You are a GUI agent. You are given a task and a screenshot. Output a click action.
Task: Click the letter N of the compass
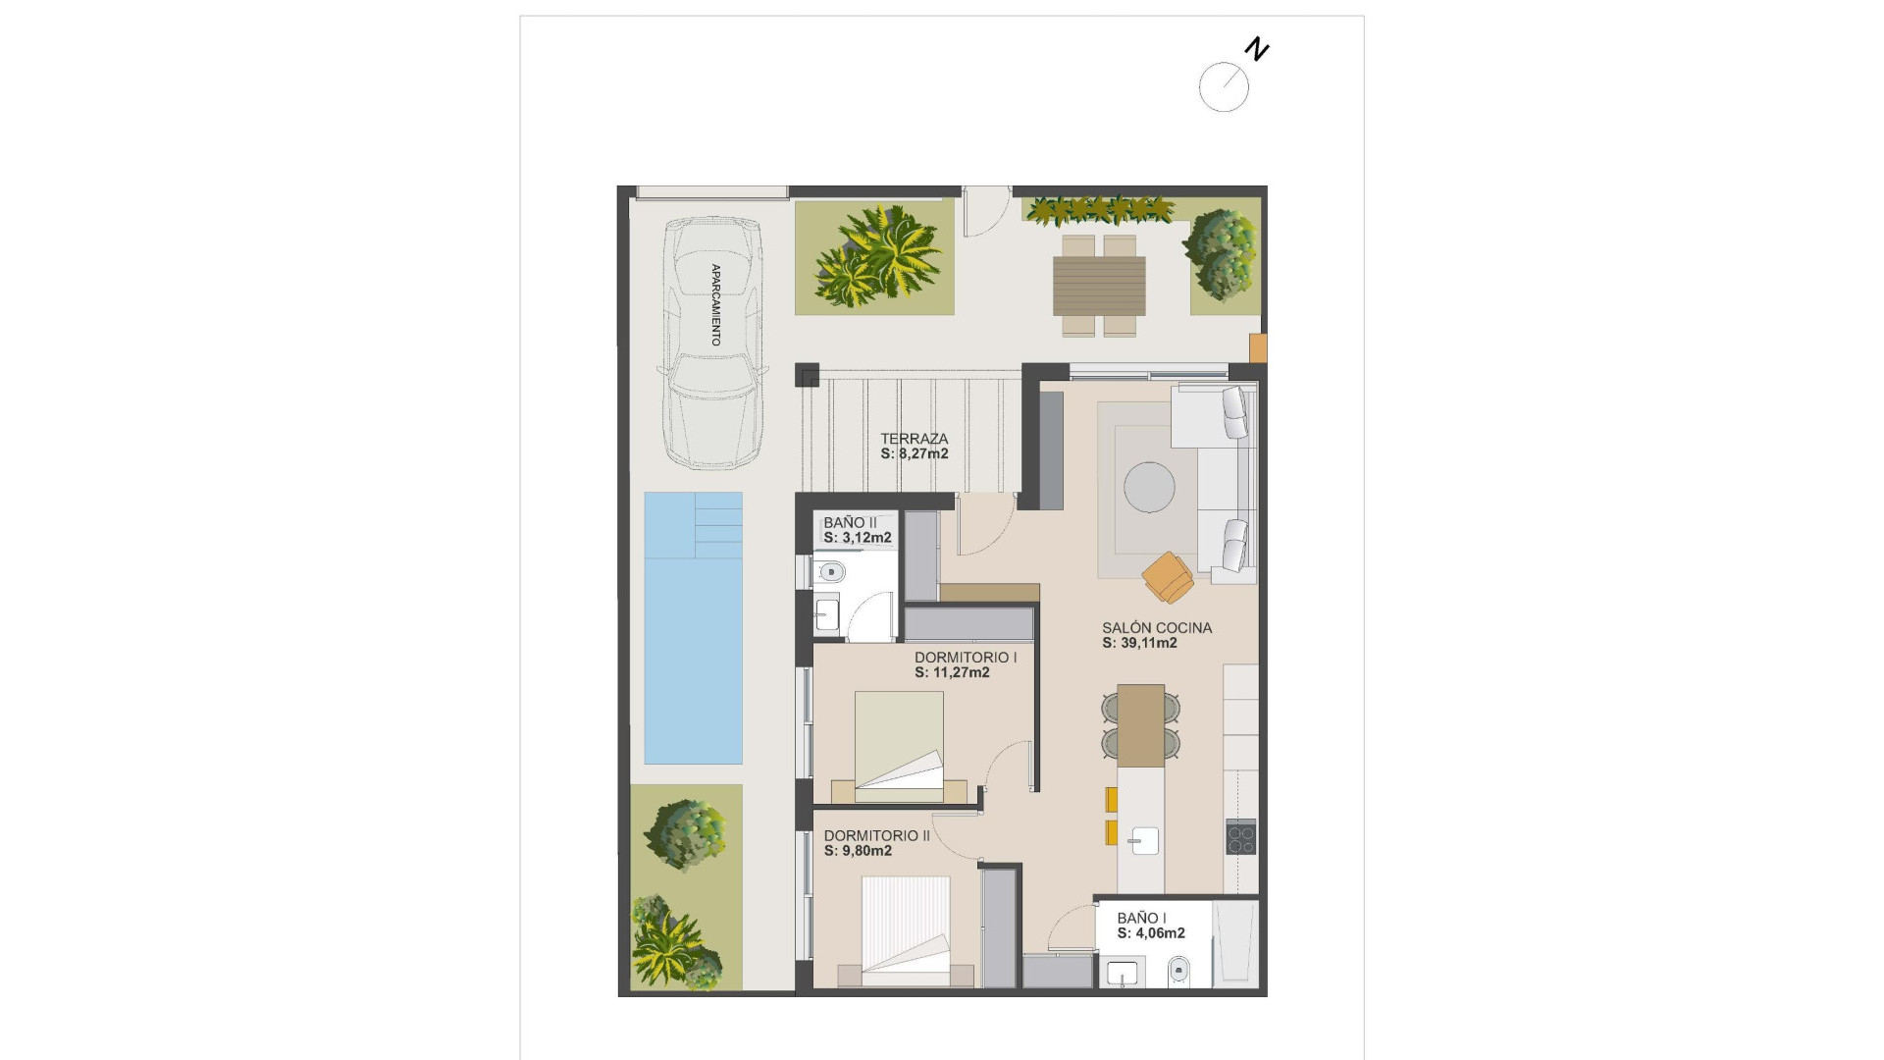1257,49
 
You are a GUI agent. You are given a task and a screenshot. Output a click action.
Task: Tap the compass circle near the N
1224,87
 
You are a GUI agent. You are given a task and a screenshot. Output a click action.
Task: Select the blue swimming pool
693,628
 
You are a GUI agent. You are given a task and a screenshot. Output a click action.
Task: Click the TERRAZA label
914,439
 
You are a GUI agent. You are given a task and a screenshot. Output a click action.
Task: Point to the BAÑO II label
850,522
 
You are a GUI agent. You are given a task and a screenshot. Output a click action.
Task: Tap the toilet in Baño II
831,571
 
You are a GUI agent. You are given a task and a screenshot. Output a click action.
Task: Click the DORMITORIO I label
965,658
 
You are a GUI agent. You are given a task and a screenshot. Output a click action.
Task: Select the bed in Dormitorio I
899,741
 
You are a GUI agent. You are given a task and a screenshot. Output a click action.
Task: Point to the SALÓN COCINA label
1156,628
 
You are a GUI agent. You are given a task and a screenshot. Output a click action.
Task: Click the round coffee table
1149,487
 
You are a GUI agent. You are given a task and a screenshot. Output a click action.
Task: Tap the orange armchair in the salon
1168,576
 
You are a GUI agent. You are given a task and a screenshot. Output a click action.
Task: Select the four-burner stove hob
1240,836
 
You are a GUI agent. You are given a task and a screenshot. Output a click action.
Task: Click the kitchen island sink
1144,841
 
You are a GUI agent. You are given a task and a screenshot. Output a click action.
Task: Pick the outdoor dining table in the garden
1099,286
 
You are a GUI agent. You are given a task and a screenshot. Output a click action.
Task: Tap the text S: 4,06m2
1151,933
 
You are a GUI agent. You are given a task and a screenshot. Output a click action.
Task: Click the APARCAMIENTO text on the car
715,304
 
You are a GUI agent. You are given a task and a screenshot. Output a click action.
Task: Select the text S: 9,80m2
858,851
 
